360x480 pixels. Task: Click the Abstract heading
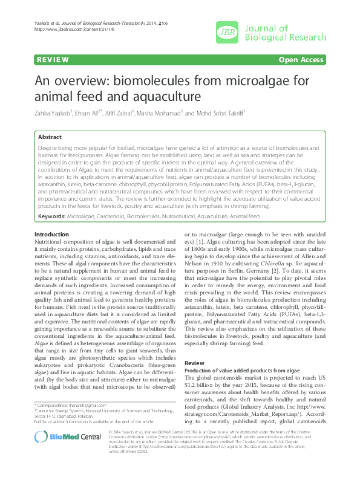tap(50, 137)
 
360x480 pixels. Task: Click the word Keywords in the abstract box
tap(52, 216)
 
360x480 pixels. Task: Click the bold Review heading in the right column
tap(194, 362)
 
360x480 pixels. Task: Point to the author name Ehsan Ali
tap(91, 113)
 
